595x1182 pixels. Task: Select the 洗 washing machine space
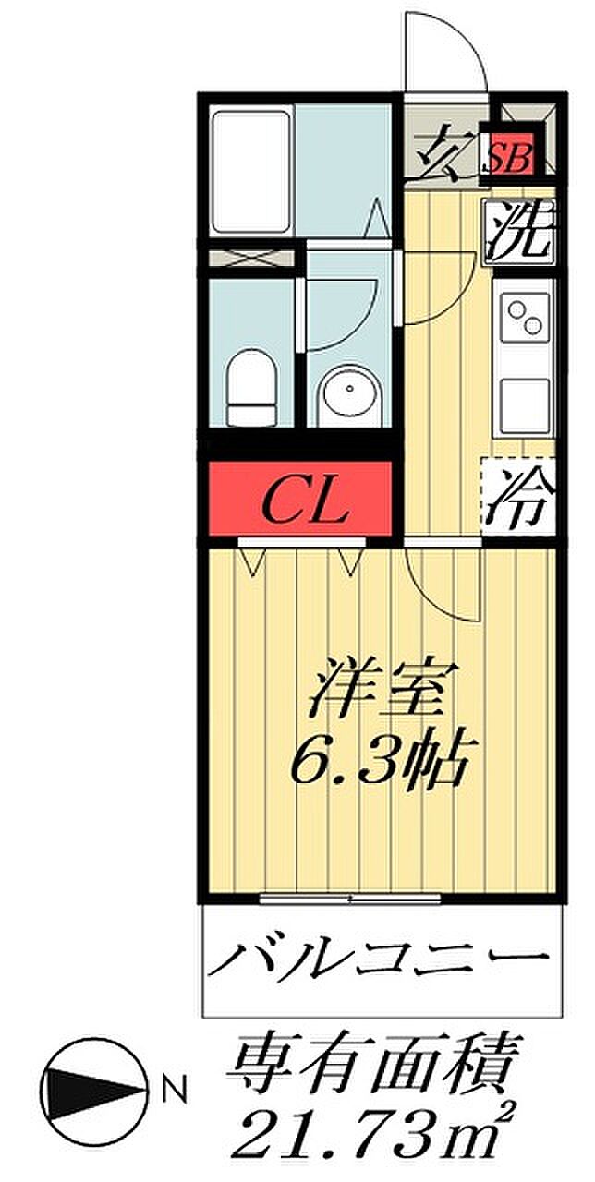520,231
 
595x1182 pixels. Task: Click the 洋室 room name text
376,688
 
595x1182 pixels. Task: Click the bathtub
252,170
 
